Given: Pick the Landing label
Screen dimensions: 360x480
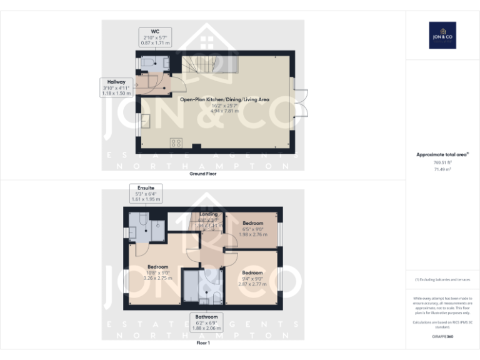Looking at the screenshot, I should coord(208,214).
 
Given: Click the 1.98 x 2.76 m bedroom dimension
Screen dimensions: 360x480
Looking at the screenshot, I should coord(252,235).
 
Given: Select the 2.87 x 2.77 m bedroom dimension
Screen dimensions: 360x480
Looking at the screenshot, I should coord(252,284).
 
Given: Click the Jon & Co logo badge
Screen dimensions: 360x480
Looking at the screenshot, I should coord(442,35).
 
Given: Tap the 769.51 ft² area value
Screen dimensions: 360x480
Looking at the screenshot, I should coord(442,162).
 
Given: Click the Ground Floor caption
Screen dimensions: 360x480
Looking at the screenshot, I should coord(203,174).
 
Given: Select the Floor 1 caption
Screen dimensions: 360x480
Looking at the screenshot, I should coord(203,343).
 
